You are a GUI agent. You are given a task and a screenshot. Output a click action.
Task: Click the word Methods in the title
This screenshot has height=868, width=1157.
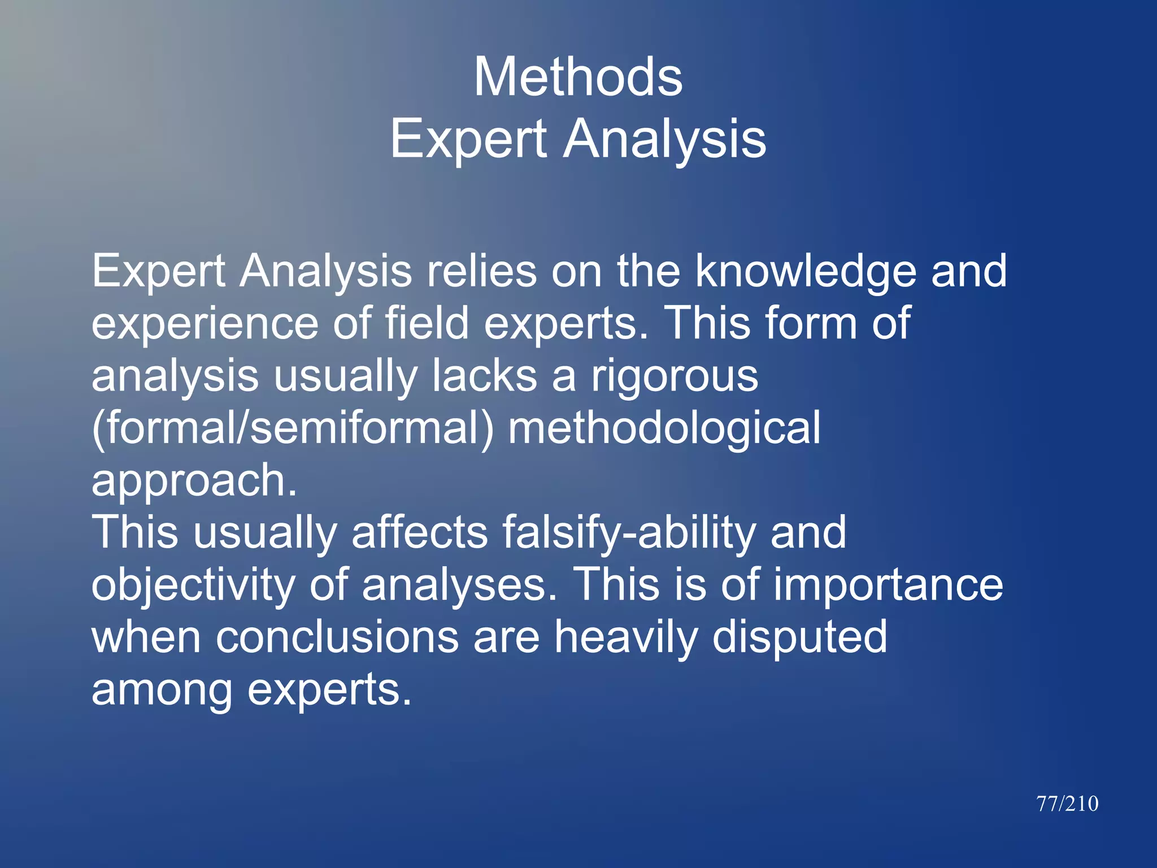click(578, 77)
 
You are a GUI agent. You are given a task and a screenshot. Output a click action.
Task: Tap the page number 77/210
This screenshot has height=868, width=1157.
click(1067, 804)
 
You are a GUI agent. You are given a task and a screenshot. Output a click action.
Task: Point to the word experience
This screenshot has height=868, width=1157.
click(205, 324)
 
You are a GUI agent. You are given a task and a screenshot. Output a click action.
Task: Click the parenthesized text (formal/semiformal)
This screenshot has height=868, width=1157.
click(292, 428)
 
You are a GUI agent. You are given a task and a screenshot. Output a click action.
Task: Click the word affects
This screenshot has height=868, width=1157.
click(419, 532)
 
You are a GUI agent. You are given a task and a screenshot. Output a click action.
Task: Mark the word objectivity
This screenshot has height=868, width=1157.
click(193, 586)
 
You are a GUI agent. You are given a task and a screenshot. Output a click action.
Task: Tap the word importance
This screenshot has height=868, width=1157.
click(888, 585)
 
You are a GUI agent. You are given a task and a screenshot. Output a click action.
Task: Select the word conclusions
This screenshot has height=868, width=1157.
click(337, 637)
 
